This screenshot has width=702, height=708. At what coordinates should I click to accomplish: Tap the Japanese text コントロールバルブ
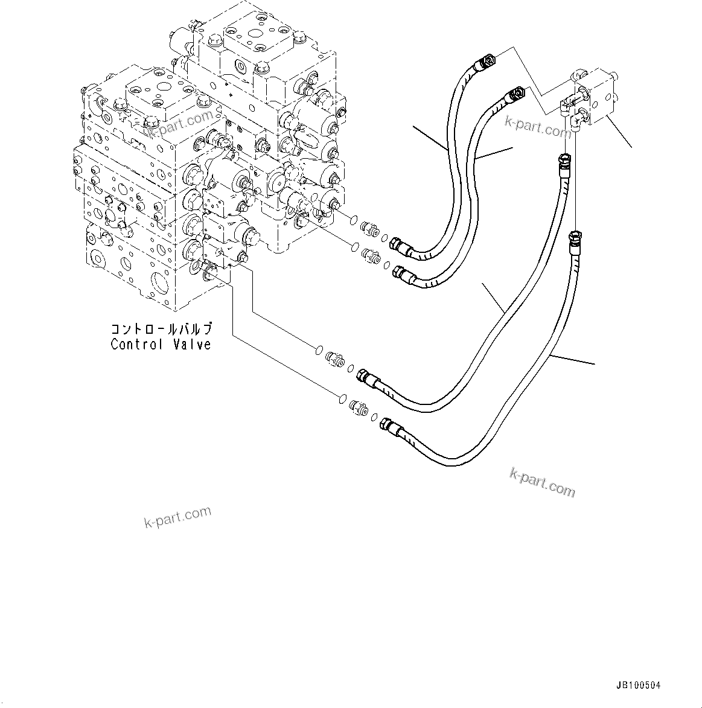point(161,329)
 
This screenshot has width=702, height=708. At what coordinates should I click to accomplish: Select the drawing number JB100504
point(639,685)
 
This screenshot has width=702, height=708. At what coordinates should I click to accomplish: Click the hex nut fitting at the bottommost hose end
point(388,428)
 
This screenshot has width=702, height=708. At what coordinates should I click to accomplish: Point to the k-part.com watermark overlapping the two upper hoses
point(538,126)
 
